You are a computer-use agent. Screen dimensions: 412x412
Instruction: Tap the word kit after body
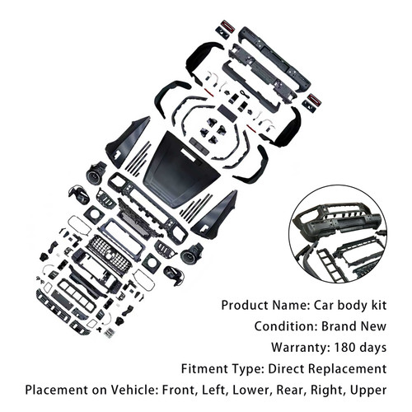pyautogui.click(x=379, y=306)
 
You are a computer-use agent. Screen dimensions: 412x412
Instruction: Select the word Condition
pyautogui.click(x=286, y=326)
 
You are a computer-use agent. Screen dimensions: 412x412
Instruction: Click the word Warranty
pyautogui.click(x=301, y=348)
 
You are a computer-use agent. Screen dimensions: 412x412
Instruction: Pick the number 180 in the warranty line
pyautogui.click(x=345, y=348)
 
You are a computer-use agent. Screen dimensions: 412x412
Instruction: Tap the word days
pyautogui.click(x=373, y=349)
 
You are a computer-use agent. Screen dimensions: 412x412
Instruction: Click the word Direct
pyautogui.click(x=287, y=368)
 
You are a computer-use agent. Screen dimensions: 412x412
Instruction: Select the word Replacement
pyautogui.click(x=348, y=369)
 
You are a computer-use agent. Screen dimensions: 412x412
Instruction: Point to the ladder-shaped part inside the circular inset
pyautogui.click(x=331, y=265)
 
